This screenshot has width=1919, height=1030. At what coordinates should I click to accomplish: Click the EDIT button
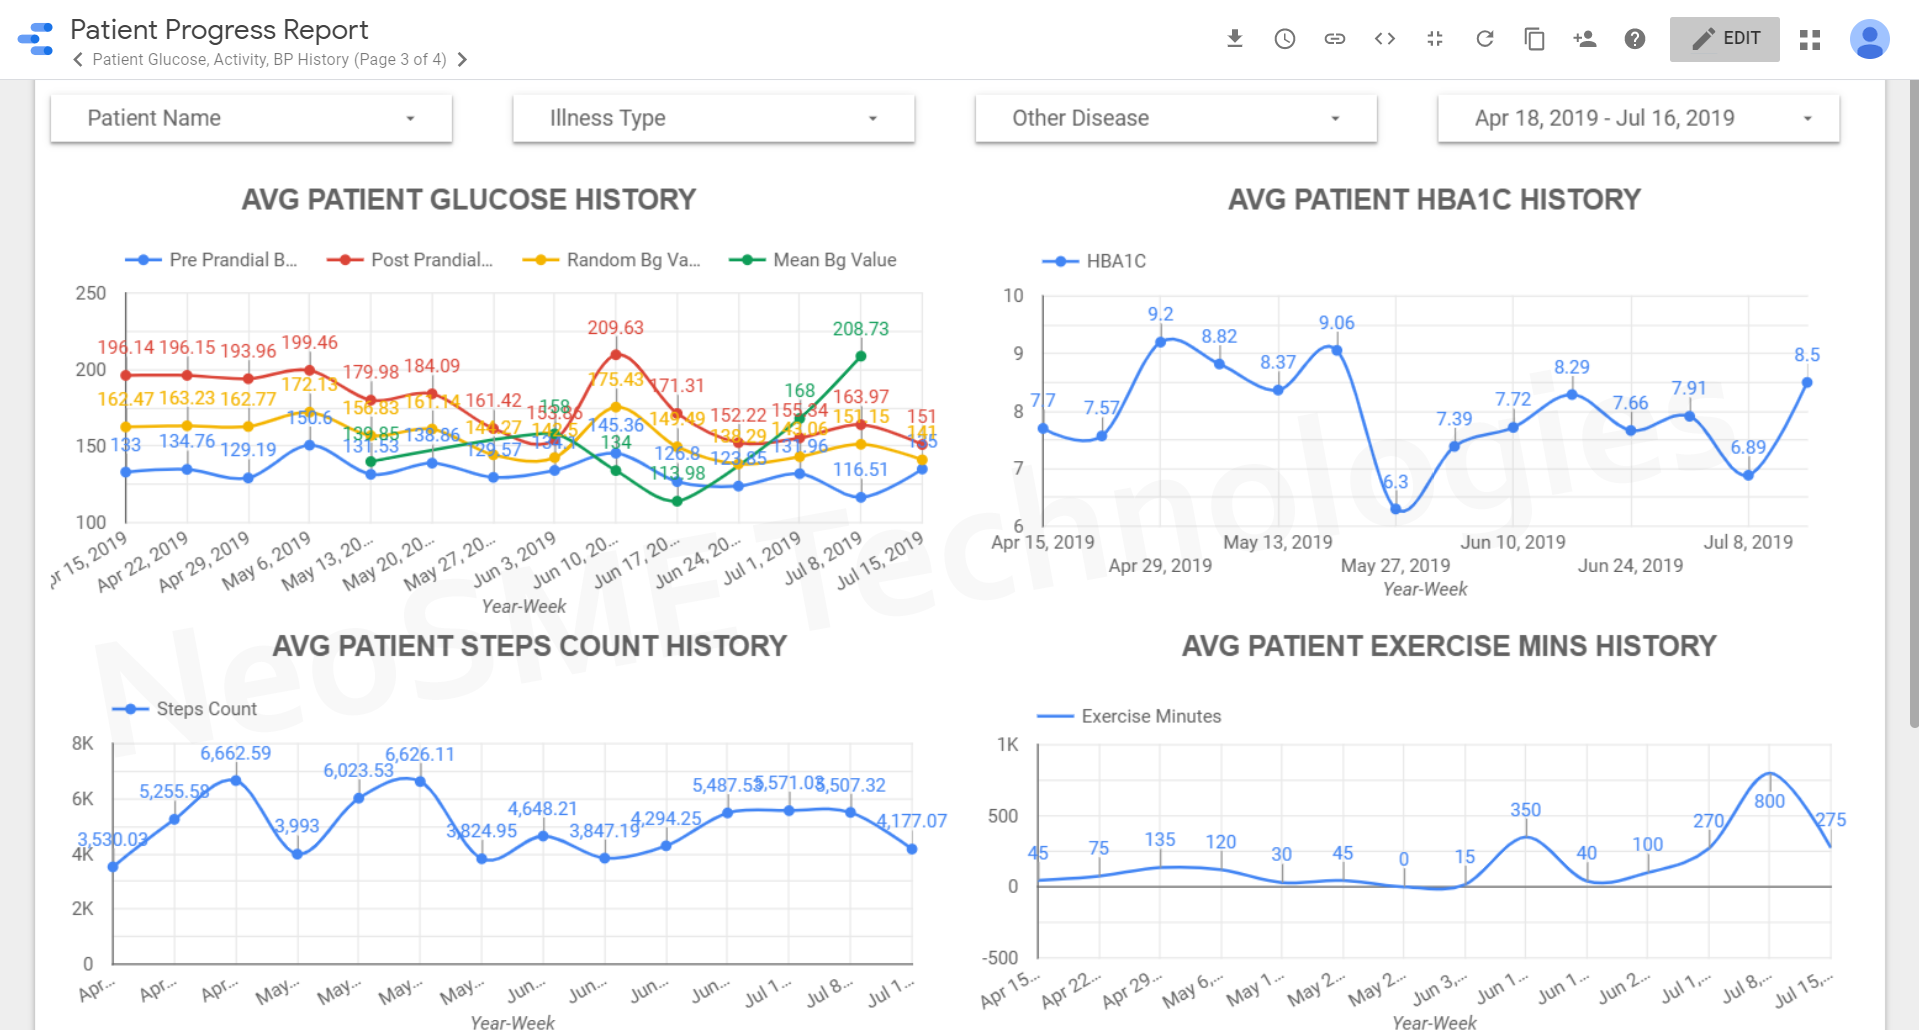1724,39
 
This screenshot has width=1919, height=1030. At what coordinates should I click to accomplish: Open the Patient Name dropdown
251,118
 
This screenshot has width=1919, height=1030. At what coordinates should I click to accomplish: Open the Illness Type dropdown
713,118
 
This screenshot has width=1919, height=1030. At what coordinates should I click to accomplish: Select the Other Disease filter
1175,118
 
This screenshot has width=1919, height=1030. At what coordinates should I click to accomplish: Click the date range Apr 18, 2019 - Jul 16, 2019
1638,118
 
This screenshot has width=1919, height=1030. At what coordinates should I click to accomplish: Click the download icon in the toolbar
1235,39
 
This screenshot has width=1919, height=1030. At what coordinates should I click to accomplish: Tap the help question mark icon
1635,39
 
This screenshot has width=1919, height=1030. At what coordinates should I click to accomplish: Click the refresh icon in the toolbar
1485,39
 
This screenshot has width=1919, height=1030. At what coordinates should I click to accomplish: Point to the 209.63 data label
615,328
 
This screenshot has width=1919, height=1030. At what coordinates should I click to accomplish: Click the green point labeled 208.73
861,356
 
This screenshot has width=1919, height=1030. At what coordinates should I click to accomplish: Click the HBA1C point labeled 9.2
1160,342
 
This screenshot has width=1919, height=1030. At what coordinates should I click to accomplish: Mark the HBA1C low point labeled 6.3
1396,509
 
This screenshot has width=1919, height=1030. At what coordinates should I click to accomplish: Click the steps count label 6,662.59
235,753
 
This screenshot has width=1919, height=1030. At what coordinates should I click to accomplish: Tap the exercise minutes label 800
1769,801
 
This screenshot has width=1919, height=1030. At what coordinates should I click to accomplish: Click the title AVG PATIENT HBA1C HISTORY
1434,200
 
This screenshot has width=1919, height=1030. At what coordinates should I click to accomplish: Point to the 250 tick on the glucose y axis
91,293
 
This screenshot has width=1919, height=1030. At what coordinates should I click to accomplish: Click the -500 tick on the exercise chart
1000,958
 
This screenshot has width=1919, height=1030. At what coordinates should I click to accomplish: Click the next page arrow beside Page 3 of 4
462,60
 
